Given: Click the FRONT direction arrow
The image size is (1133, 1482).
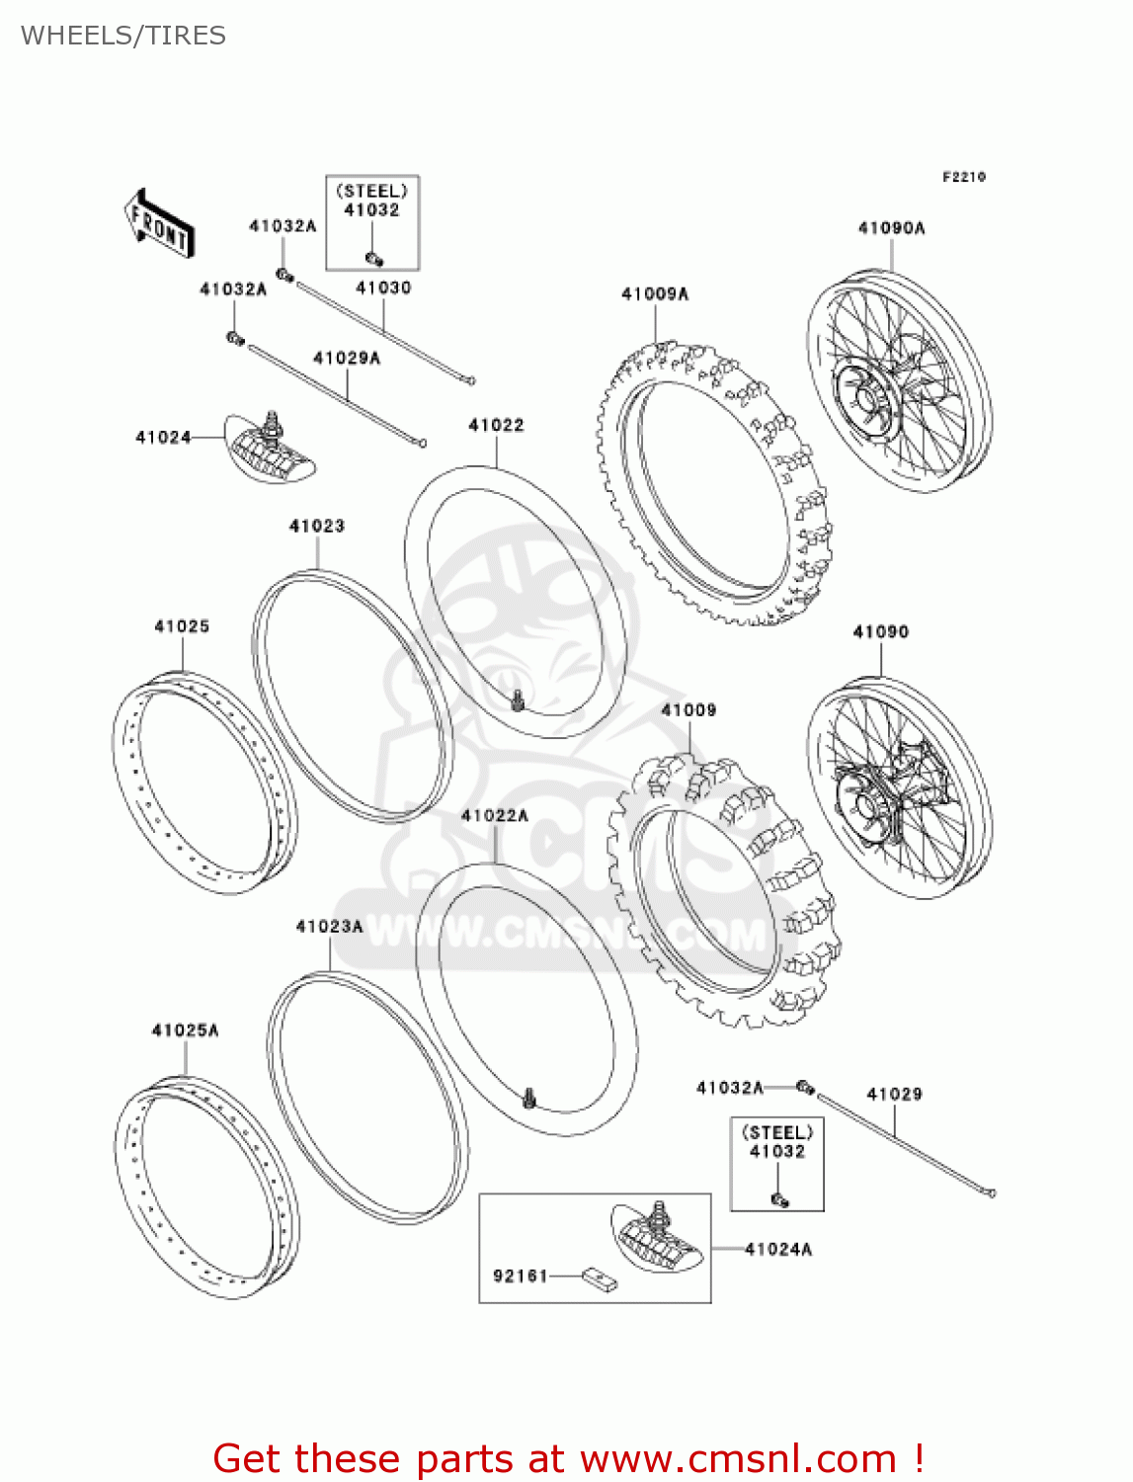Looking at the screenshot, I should [158, 224].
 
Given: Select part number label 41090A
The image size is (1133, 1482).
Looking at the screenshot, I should [891, 228].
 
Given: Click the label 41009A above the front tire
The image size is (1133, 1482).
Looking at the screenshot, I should [654, 293].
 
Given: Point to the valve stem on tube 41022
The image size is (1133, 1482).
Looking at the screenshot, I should [517, 701].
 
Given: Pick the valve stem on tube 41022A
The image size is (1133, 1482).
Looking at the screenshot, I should [530, 1097].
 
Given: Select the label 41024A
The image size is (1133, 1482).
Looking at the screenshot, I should [777, 1249].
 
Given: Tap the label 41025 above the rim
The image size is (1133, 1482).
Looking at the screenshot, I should [182, 626].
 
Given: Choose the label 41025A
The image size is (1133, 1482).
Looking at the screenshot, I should [185, 1030].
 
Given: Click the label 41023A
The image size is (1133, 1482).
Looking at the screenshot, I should [329, 926].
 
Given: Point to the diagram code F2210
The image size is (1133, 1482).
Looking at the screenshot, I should [963, 177].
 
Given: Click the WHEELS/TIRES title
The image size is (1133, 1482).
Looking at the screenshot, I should [123, 36].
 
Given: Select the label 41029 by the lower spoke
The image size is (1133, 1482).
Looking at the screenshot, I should [894, 1094].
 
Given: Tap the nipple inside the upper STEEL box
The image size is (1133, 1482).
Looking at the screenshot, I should [374, 259].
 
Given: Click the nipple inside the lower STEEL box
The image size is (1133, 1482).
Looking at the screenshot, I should [779, 1199].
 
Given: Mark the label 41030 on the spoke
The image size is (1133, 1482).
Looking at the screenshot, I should [383, 288].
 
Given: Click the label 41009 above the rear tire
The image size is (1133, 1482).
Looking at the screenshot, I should [688, 710].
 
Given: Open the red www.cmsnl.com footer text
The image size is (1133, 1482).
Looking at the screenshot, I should [568, 1458].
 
